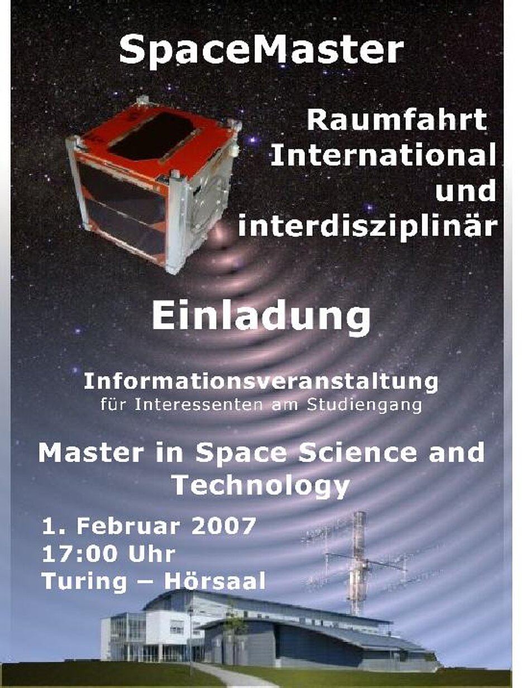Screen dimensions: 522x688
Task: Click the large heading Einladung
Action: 261,318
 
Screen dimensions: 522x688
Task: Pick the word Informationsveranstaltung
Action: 261,383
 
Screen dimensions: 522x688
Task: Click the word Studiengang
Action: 364,405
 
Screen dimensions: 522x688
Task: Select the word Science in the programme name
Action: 357,453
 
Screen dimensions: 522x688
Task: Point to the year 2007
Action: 224,527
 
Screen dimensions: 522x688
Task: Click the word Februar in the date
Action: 128,527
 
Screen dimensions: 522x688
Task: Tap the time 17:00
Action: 80,554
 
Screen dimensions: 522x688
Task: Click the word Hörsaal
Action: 215,581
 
